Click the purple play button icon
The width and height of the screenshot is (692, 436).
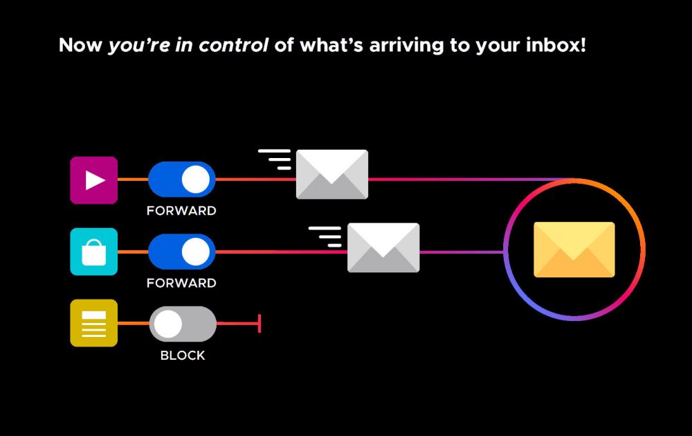94,180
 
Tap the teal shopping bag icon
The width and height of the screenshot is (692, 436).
94,252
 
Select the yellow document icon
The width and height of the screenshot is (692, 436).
94,323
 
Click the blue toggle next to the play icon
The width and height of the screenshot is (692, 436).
182,180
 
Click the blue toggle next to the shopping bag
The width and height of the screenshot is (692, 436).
182,252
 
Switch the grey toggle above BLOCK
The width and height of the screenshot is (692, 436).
183,324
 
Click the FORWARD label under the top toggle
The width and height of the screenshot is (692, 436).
181,211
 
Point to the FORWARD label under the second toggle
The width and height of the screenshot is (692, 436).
181,283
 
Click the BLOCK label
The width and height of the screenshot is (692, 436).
183,356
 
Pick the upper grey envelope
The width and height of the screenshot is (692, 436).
332,174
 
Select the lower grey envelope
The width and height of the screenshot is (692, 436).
383,247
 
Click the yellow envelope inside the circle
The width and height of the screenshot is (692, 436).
574,250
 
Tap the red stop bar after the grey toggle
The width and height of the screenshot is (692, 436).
259,324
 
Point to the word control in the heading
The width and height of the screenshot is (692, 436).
233,46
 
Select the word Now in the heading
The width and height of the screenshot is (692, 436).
80,46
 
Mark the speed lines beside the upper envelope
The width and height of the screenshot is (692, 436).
275,159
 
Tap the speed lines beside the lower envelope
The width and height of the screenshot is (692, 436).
325,236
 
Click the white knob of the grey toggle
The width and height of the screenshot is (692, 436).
168,324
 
